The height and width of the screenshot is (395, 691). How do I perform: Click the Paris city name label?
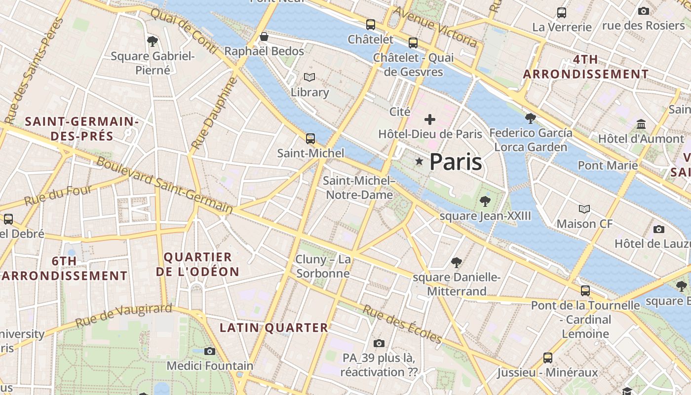(455, 162)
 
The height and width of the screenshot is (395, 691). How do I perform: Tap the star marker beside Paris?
(419, 161)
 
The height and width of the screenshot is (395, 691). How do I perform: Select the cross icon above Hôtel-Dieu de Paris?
(430, 119)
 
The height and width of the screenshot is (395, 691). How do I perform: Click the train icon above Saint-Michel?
(310, 139)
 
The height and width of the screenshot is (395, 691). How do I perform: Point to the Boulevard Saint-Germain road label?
(164, 186)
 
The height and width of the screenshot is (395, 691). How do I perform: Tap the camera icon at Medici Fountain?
(210, 351)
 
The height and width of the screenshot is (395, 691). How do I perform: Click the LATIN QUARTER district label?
(273, 327)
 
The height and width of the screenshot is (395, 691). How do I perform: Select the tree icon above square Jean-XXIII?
(485, 201)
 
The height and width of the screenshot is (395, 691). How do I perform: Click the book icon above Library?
(309, 78)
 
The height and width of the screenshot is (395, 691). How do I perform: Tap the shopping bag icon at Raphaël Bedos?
(264, 37)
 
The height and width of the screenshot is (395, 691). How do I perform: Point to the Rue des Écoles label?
(402, 324)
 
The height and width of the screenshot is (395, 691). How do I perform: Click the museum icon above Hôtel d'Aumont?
(641, 124)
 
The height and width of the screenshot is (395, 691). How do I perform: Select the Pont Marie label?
(608, 165)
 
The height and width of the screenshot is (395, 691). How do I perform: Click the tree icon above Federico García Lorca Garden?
(531, 118)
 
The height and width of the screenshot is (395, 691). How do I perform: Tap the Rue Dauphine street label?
(214, 114)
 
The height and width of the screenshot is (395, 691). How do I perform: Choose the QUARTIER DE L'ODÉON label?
(197, 264)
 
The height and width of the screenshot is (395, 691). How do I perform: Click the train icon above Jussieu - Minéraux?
(547, 357)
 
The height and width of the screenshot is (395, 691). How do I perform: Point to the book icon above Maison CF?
(584, 209)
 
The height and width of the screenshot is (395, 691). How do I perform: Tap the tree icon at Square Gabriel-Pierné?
(153, 41)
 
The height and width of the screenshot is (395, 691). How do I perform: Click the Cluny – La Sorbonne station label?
(323, 266)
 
